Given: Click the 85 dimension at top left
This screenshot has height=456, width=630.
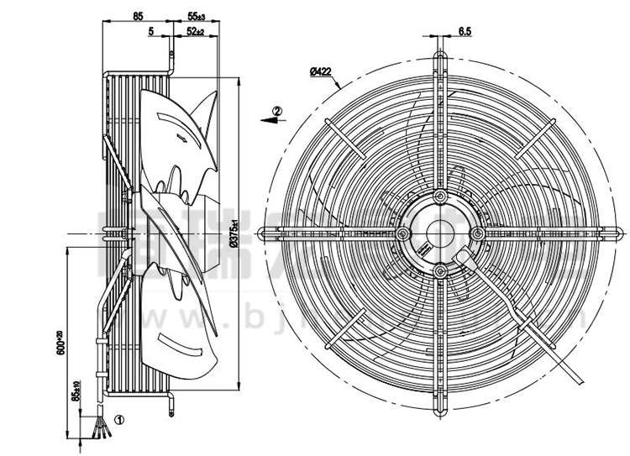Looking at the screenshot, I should pos(138,16).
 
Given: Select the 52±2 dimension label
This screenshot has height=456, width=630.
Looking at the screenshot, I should pos(197,31).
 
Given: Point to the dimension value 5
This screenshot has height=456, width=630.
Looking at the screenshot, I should pos(150,31).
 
